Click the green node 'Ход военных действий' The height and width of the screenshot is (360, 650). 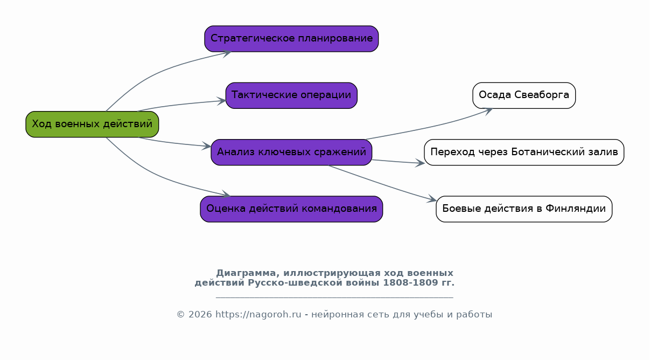pos(92,124)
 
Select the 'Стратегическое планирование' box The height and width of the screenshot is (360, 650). pos(291,39)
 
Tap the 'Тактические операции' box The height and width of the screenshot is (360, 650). pos(291,95)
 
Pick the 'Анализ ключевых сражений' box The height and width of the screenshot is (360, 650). pos(291,152)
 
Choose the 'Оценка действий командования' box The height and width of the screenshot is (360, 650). pos(291,209)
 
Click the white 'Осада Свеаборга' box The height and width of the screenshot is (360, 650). pos(524,95)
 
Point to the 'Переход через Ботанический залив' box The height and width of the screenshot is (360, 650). pos(524,152)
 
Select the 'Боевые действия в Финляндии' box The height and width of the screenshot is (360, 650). pos(524,209)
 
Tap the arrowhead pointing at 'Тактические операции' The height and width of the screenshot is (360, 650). pos(222,101)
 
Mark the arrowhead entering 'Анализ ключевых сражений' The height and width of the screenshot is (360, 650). pos(207,146)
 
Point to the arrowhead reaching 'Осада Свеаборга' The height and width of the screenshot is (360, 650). pos(488,110)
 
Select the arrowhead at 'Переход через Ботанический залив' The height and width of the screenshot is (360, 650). pos(420,163)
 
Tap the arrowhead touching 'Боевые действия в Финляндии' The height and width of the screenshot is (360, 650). pos(432,199)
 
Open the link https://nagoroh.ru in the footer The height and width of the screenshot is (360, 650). pos(258,314)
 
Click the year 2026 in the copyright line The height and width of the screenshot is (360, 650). pos(200,314)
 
